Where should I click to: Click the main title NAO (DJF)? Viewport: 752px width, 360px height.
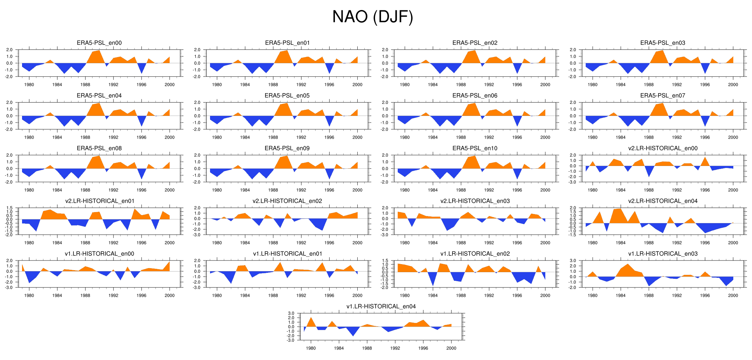pos(373,17)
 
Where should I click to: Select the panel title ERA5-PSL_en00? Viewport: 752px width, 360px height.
pos(99,43)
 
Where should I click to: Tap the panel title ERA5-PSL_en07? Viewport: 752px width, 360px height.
pos(663,96)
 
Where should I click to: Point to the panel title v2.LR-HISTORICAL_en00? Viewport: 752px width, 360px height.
pos(663,148)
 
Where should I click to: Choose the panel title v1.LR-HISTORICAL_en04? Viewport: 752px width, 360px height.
pos(381,306)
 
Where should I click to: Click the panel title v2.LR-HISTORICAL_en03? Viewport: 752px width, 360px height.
pos(475,201)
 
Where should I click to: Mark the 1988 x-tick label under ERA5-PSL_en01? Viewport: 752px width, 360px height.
pos(273,85)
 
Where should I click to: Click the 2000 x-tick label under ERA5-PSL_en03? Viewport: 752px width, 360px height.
pos(733,85)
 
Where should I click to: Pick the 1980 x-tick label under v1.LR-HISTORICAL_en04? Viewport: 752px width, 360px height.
pos(311,348)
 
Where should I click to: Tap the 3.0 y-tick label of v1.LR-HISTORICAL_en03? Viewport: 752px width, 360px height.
pos(573,260)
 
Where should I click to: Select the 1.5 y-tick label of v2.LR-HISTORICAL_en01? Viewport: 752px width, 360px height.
pos(9,208)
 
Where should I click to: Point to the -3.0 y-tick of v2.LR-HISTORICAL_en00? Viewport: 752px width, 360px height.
pos(573,182)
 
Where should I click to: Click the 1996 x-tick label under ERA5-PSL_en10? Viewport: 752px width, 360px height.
pos(517,190)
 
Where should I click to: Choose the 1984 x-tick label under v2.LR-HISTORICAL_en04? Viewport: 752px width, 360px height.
pos(620,243)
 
